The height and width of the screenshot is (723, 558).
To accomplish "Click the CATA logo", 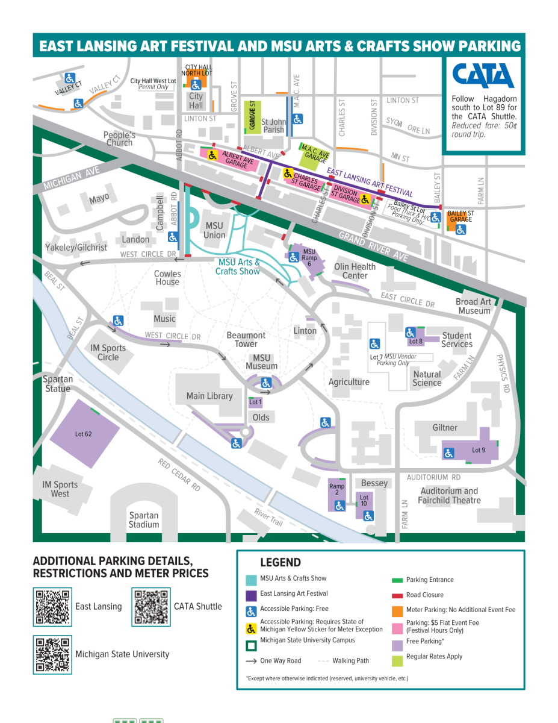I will pyautogui.click(x=483, y=76).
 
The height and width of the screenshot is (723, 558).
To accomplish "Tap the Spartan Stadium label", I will pyautogui.click(x=144, y=519).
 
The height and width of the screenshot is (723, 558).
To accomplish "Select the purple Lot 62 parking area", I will pyautogui.click(x=83, y=433).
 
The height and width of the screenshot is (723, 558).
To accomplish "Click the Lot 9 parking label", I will pyautogui.click(x=478, y=450).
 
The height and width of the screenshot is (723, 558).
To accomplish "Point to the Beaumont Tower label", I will pyautogui.click(x=246, y=339).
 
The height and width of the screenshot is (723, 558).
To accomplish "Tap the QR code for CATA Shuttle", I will pyautogui.click(x=152, y=606).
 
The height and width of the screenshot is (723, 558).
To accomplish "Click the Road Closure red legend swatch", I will pyautogui.click(x=397, y=595).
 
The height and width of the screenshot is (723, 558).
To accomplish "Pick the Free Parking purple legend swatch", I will pyautogui.click(x=397, y=642).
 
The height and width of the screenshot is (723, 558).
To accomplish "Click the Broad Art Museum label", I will pyautogui.click(x=474, y=306).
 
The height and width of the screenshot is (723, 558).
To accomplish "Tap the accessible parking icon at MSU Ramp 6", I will pyautogui.click(x=293, y=257).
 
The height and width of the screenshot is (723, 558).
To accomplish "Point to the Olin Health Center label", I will pyautogui.click(x=355, y=271).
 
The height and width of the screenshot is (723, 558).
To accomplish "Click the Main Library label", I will pyautogui.click(x=209, y=396).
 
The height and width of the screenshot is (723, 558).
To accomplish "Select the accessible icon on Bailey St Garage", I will pyautogui.click(x=460, y=230).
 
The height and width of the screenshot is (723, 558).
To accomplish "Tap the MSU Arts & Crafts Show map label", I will pyautogui.click(x=239, y=266).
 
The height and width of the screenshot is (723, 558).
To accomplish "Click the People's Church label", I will pyautogui.click(x=119, y=139).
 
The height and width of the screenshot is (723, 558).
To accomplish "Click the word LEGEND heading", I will pyautogui.click(x=280, y=563).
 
